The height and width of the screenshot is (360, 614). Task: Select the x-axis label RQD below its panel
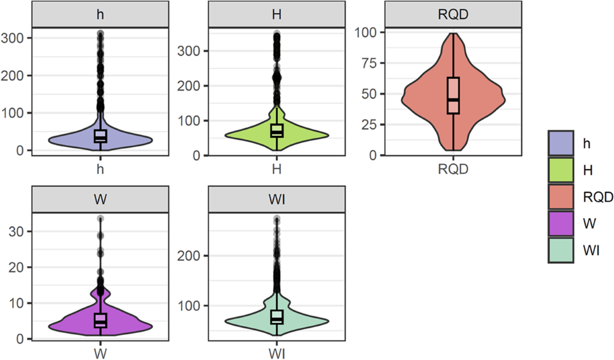pos(453,168)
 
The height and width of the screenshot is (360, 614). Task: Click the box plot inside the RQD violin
pos(453,96)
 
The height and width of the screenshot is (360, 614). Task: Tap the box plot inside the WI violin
pos(277,317)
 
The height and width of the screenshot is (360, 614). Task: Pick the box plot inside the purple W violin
pos(100,320)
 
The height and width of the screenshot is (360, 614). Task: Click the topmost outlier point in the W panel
pos(100,219)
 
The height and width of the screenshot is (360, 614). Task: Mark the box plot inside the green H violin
pos(277,131)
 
